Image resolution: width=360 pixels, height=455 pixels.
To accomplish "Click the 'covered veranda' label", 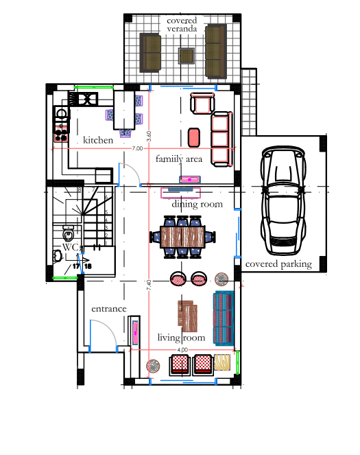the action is [x=182, y=25].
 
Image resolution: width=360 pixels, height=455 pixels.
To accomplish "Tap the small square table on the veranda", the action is [x=186, y=56].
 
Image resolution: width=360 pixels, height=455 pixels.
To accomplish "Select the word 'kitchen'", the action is [x=98, y=140].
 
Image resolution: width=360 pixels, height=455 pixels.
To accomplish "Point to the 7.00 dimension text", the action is [x=137, y=148].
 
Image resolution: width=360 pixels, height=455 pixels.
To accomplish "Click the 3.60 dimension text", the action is [x=149, y=136].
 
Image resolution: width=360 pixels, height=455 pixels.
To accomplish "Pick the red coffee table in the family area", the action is [x=194, y=137].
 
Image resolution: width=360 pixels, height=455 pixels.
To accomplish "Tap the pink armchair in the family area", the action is [x=202, y=103].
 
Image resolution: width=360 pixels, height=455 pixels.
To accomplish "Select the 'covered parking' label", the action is [x=278, y=264].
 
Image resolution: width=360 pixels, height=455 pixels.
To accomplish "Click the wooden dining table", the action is [x=182, y=237].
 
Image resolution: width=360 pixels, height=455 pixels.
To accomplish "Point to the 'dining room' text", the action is [x=197, y=205].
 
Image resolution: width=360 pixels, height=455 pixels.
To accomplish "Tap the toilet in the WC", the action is [x=69, y=233].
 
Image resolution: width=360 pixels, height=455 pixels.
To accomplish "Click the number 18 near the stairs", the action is [x=88, y=266].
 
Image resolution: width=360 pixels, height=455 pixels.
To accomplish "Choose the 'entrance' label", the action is [x=109, y=309].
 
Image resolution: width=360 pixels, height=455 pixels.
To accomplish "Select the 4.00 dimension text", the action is [x=182, y=350].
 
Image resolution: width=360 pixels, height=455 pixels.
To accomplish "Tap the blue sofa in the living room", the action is [x=224, y=318].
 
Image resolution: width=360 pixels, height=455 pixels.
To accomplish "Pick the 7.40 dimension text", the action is [x=149, y=285].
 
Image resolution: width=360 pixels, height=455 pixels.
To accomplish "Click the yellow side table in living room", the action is [x=222, y=362].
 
